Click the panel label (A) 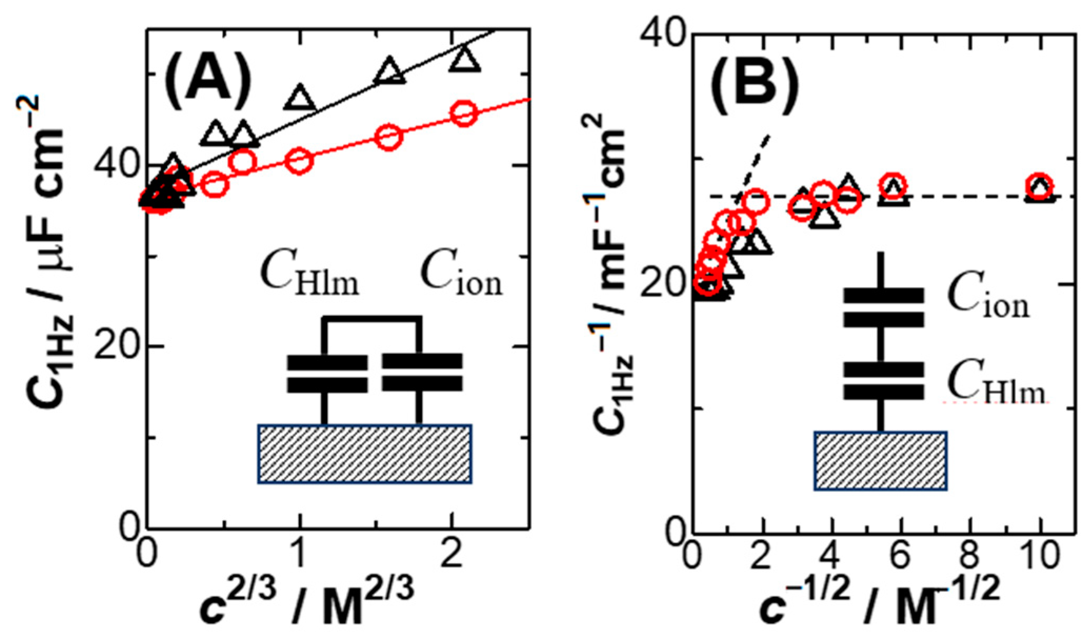[x=207, y=79]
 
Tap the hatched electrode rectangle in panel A [x=364, y=454]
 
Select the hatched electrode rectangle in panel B [x=881, y=461]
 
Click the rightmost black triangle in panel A [x=466, y=59]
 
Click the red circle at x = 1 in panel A [x=299, y=161]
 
